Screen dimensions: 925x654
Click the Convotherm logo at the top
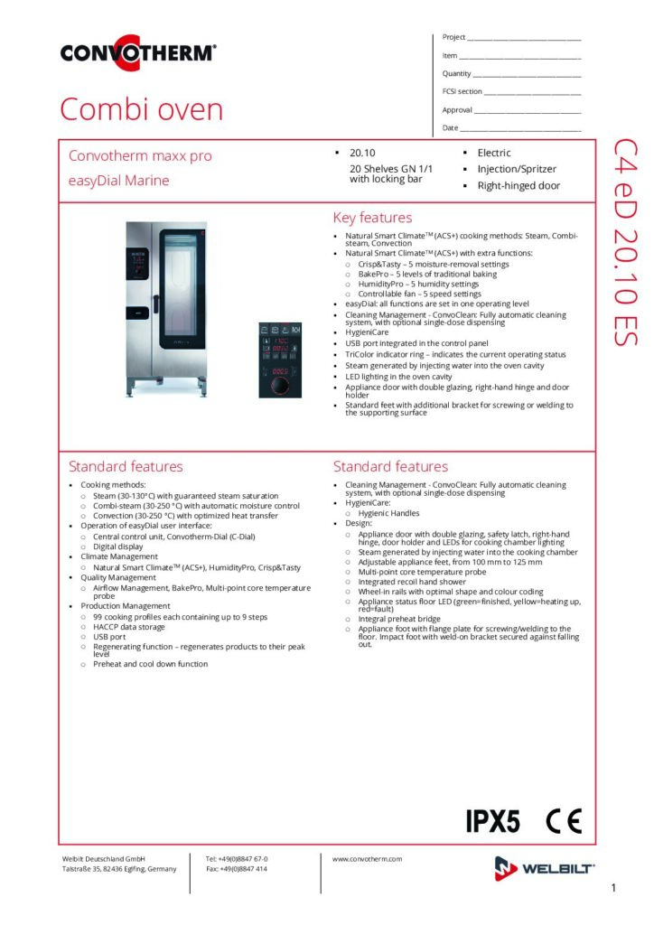click(x=138, y=51)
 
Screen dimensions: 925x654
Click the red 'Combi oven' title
click(x=141, y=109)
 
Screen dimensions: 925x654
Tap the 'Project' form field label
click(x=453, y=37)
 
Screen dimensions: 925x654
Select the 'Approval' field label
click(x=457, y=109)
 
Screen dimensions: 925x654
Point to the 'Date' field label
click(x=450, y=127)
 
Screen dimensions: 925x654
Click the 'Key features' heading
click(x=372, y=218)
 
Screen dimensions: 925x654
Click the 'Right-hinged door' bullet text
click(x=519, y=186)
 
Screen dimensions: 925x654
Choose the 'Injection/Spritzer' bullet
click(x=517, y=169)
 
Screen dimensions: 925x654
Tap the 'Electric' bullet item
click(x=494, y=153)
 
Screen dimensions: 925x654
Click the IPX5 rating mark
click(x=492, y=821)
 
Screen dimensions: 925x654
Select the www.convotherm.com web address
click(x=367, y=859)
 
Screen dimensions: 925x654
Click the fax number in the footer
click(x=237, y=869)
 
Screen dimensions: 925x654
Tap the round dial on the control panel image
click(x=283, y=386)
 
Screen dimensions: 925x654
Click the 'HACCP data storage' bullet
click(x=129, y=627)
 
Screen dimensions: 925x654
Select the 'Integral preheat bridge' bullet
click(x=397, y=619)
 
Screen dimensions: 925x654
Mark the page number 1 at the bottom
click(x=613, y=889)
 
